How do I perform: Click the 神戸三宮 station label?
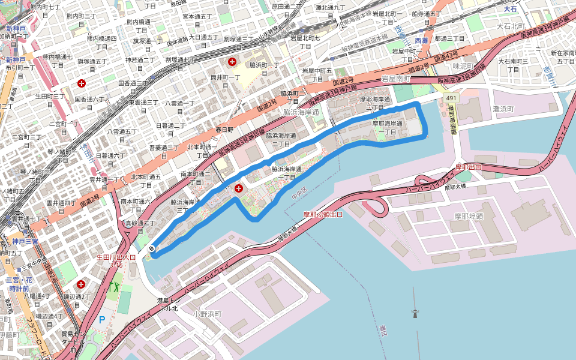(x=25, y=241)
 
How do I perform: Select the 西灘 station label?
(x=421, y=40)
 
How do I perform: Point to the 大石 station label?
(x=510, y=9)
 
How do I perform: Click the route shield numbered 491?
(x=451, y=97)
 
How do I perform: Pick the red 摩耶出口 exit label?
(x=468, y=167)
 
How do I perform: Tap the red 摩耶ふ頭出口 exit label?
(x=323, y=214)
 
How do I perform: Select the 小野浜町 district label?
(x=208, y=314)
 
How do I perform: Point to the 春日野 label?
(x=223, y=129)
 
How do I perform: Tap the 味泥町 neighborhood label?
(x=464, y=66)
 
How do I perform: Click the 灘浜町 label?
(x=503, y=109)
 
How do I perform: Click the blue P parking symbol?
(x=101, y=320)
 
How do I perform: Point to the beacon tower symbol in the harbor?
(x=413, y=312)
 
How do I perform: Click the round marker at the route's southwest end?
(x=152, y=248)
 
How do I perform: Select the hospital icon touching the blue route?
(x=239, y=188)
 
